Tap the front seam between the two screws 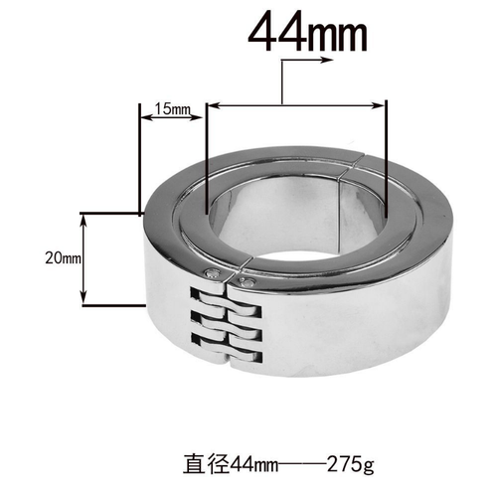[230, 278]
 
